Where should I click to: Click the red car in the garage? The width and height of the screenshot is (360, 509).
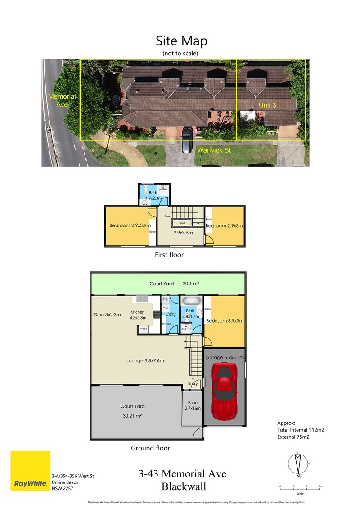click(225, 390)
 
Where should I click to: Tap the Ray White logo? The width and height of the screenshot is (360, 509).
click(31, 471)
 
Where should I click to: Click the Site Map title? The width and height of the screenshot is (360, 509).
click(181, 41)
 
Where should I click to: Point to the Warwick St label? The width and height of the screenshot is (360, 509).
click(214, 150)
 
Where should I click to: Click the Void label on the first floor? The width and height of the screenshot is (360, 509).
click(182, 222)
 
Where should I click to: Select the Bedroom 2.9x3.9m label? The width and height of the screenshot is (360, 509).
click(130, 225)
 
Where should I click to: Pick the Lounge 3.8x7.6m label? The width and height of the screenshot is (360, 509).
click(145, 360)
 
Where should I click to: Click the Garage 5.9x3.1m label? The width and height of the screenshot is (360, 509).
click(225, 357)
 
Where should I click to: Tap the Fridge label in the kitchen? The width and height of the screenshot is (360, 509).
click(143, 329)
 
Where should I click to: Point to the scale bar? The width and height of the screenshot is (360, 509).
click(300, 487)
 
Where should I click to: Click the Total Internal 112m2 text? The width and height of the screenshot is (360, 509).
click(301, 430)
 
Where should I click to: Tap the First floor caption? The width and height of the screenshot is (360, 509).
click(169, 255)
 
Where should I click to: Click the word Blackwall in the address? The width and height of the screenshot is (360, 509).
click(182, 486)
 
